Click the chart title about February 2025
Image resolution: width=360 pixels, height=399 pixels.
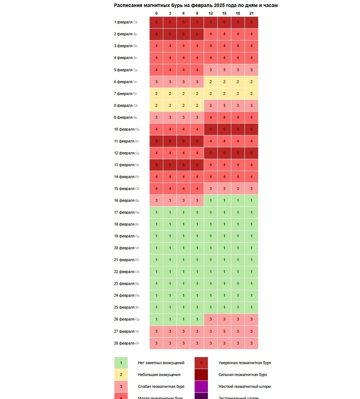pos(196,5)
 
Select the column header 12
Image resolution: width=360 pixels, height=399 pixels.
pos(211,14)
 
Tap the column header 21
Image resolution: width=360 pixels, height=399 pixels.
pos(251,14)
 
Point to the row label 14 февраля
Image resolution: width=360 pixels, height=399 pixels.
pos(124,177)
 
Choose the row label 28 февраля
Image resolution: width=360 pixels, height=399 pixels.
pos(124,343)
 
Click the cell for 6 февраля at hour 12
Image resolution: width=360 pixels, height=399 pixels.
pos(211,82)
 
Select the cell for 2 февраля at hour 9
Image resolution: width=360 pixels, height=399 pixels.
pos(197,34)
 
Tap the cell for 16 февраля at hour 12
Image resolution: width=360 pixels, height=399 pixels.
pos(211,200)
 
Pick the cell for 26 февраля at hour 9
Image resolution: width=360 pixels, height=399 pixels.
pos(197,319)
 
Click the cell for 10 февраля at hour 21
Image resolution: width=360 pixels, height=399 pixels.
pos(251,129)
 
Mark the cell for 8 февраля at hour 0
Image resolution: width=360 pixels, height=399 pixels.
pos(156,105)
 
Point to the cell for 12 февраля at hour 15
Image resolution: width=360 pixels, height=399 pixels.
pos(224,153)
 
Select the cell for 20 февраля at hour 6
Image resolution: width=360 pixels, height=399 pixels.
pos(183,248)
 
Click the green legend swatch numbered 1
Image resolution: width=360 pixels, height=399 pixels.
pos(121,363)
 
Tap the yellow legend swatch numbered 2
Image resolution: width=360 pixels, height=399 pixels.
pos(121,374)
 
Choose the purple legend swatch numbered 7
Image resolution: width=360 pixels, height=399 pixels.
pos(201,386)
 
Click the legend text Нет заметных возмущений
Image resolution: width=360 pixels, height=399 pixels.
pos(161,363)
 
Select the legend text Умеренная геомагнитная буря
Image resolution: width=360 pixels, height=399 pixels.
pos(244,363)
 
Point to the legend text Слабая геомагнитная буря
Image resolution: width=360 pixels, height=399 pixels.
pos(161,386)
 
